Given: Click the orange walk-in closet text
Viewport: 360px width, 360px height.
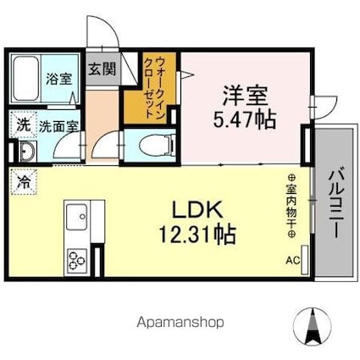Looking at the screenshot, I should pos(137,88).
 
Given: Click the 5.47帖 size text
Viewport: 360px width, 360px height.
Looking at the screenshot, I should pos(243,119).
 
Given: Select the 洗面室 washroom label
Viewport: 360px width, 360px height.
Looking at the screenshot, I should pos(55,124).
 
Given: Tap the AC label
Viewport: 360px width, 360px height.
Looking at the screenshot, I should pos(292,261).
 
